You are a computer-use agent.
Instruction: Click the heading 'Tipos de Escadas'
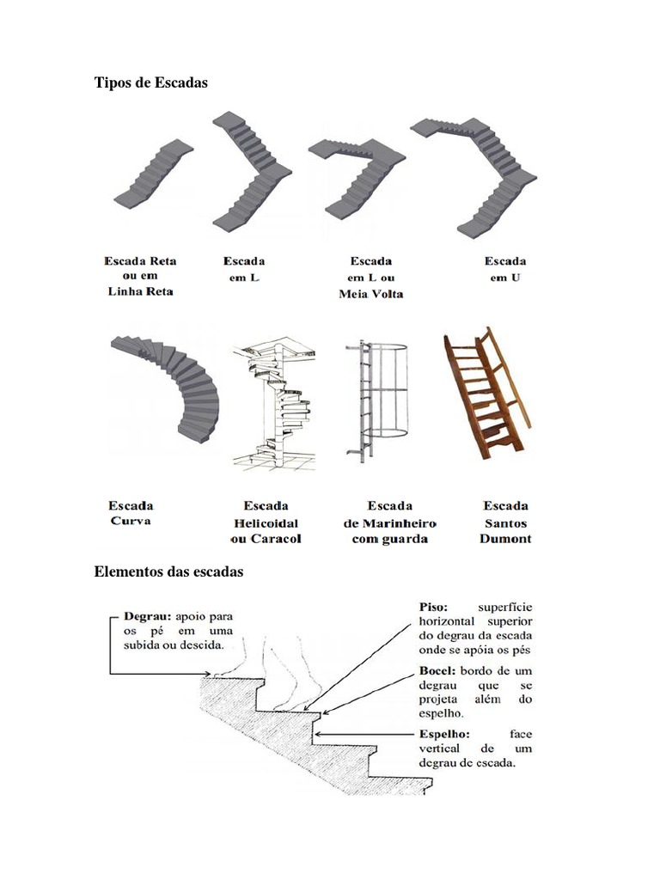pos(150,82)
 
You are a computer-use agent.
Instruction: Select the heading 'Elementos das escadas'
pos(168,571)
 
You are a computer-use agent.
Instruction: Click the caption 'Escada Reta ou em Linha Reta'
pos(139,276)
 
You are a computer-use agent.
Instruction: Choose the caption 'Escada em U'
pos(505,269)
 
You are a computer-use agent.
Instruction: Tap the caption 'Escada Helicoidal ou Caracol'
pos(266,522)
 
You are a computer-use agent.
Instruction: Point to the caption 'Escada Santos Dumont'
pos(505,522)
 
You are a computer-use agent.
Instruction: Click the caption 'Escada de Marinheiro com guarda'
pos(389,522)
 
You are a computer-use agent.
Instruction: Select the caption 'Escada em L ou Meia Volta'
pos(371,277)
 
